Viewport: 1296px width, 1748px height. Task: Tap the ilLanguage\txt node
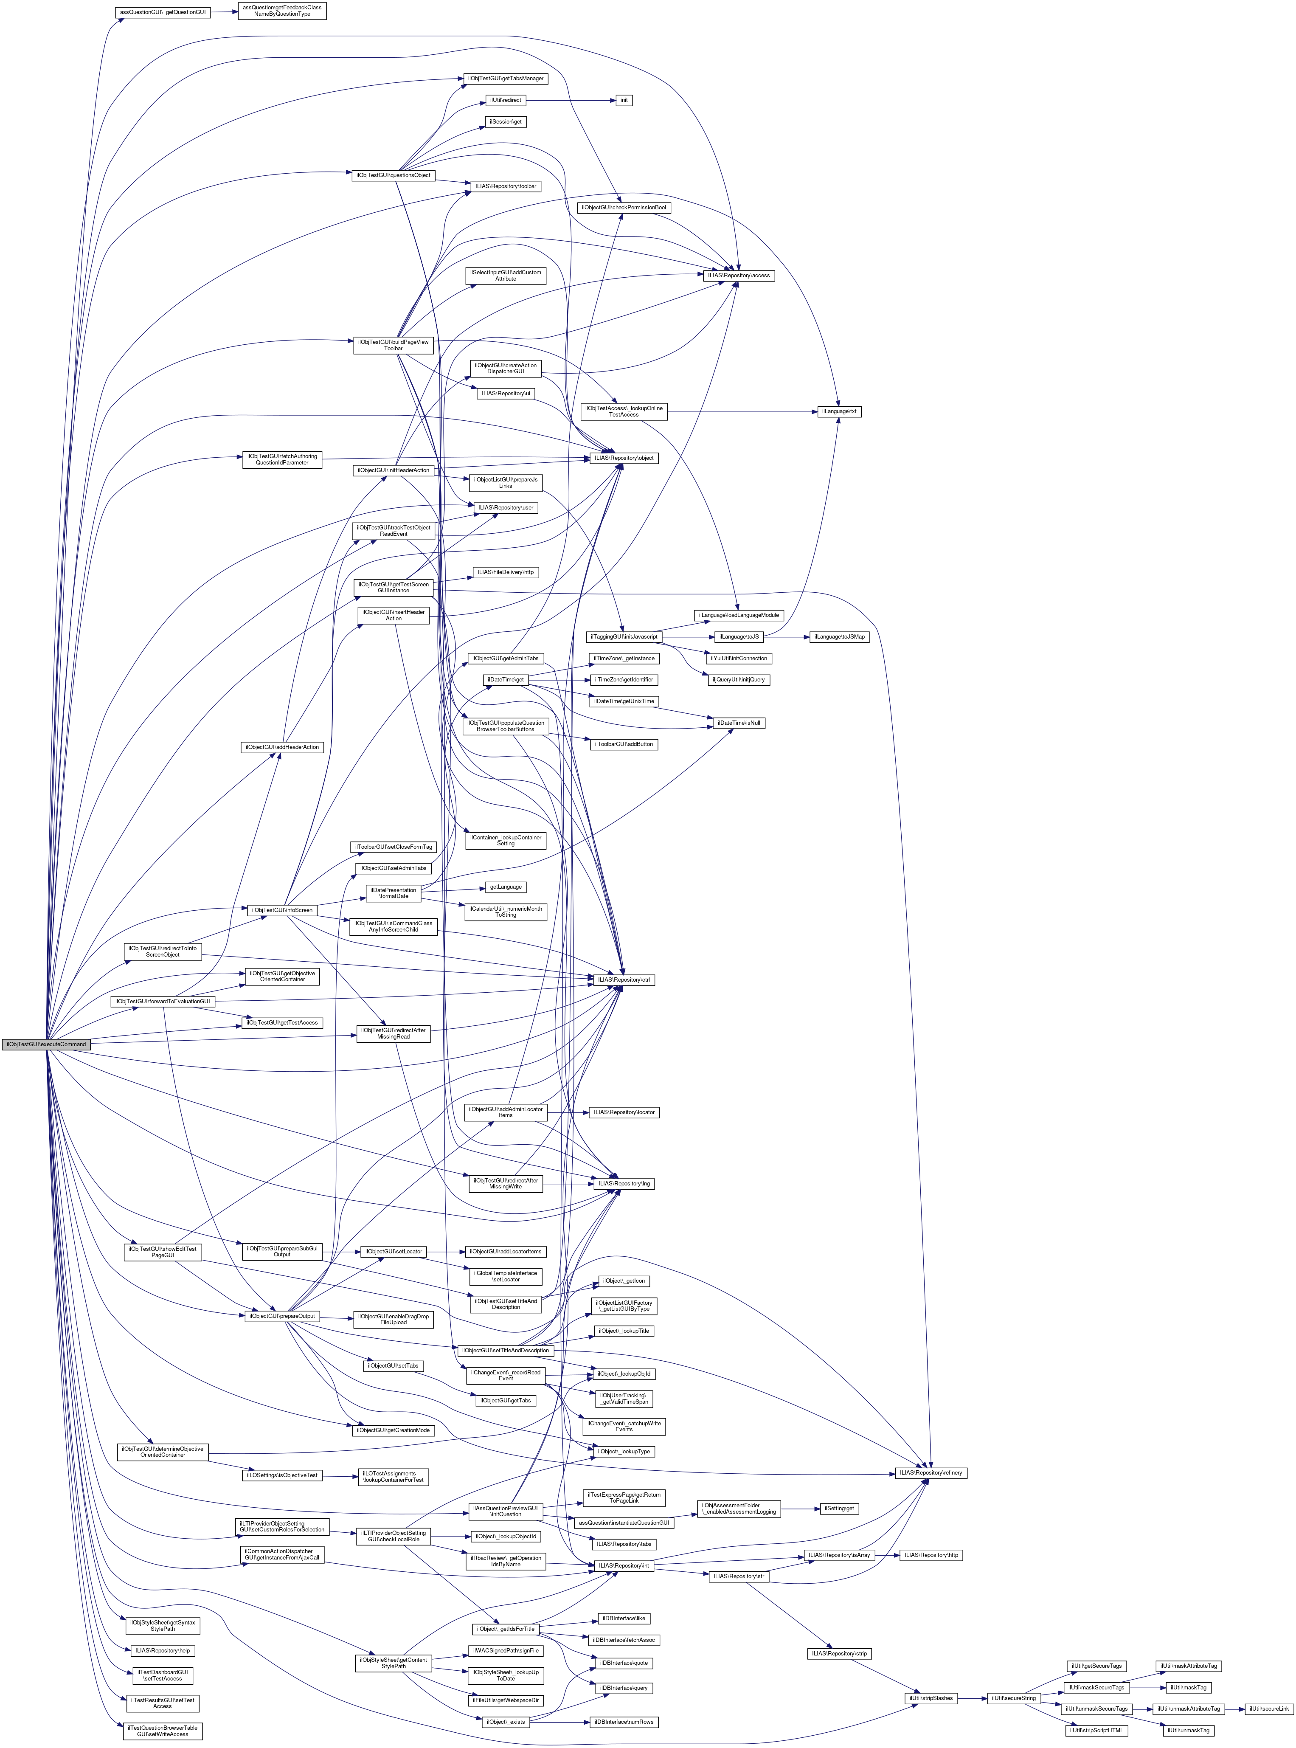[x=839, y=411]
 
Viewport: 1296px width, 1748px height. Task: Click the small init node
[x=624, y=101]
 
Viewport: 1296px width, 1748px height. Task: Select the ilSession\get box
[x=506, y=121]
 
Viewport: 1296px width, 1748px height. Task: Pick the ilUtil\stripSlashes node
[x=931, y=1698]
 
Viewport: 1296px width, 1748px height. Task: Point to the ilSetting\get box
[x=839, y=1508]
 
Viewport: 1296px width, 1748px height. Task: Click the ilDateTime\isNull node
[x=737, y=723]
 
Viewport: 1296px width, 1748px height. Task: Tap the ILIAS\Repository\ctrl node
[x=624, y=980]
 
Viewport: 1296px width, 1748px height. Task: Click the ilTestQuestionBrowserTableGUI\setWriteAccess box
[x=163, y=1731]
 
